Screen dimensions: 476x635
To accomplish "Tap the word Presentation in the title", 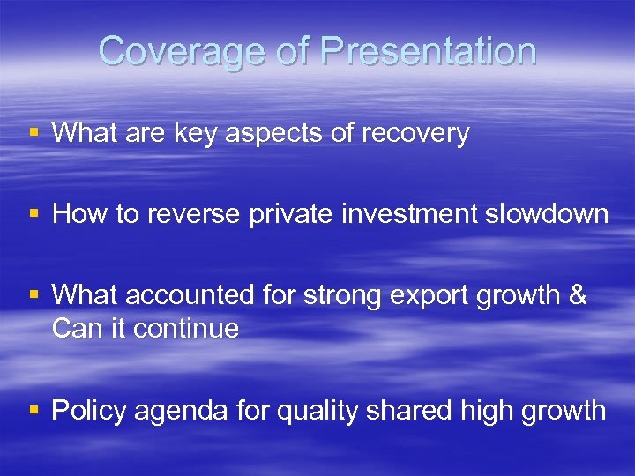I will pos(429,51).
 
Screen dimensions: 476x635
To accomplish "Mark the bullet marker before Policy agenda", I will pos(34,411).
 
